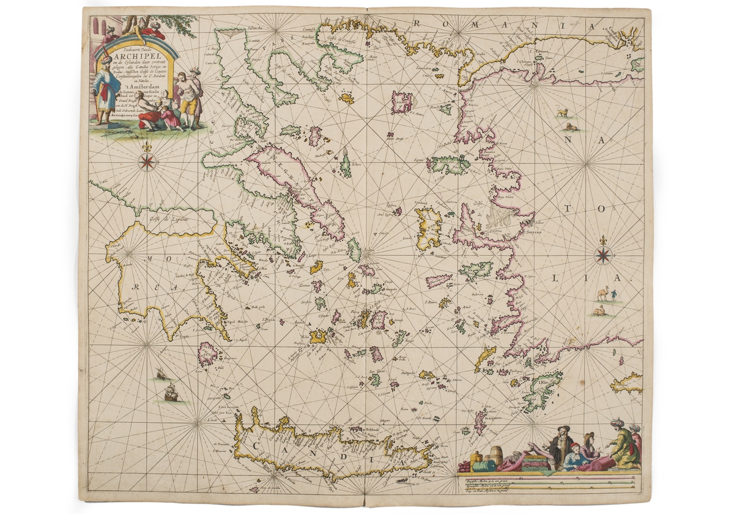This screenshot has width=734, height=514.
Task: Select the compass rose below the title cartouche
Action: coord(147,162)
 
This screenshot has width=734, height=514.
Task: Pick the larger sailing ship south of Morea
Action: coord(171,395)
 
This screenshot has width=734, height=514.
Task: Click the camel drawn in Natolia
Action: coord(602,295)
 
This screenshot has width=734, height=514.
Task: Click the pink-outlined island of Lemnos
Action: coord(403,102)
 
